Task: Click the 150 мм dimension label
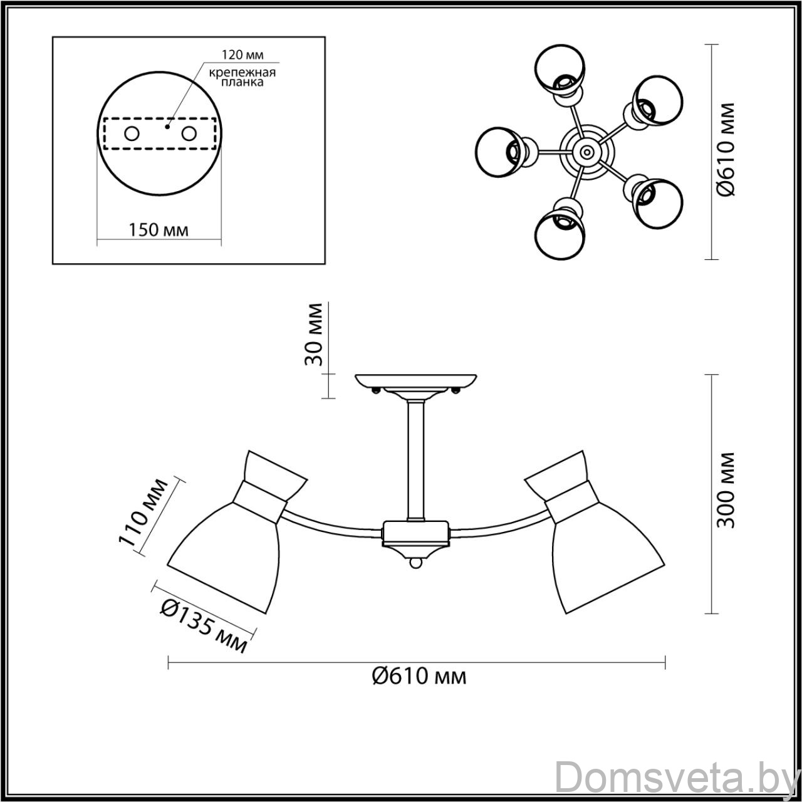click(x=158, y=229)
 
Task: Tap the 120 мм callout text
click(x=242, y=55)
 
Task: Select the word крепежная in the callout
click(x=242, y=73)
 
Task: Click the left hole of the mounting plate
click(x=132, y=134)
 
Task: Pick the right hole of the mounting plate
click(x=189, y=134)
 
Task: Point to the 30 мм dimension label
click(x=313, y=335)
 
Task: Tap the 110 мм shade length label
click(x=144, y=513)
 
